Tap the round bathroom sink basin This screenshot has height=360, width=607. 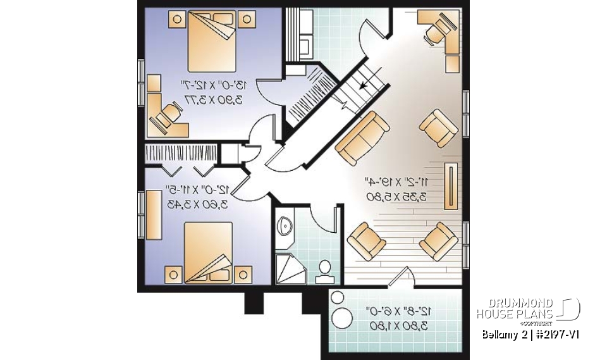[285, 225]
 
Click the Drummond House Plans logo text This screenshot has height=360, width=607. [515, 309]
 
